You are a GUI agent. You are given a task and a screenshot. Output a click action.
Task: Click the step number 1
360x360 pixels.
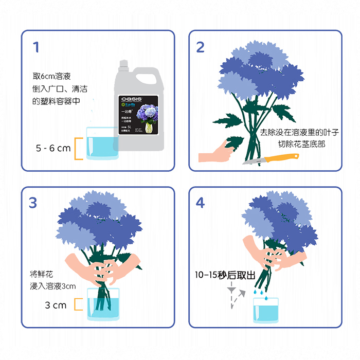(35, 47)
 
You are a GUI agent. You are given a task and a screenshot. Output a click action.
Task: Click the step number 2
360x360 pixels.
(201, 47)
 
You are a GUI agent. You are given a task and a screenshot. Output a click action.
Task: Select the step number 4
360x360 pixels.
(201, 203)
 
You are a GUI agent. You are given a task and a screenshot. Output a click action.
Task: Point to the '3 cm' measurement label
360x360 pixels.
(56, 305)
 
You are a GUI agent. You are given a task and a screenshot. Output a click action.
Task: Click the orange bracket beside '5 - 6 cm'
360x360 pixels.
(78, 149)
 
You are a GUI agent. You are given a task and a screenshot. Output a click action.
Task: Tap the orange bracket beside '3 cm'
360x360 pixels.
(78, 304)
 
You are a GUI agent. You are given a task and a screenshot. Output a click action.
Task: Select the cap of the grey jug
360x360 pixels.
(123, 64)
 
